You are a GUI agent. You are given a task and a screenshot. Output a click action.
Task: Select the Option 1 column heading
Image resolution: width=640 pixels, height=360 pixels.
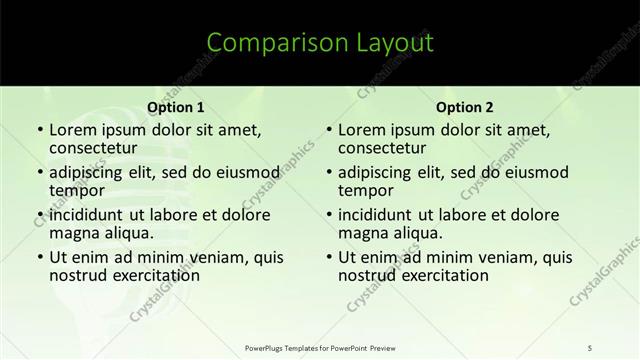(x=176, y=107)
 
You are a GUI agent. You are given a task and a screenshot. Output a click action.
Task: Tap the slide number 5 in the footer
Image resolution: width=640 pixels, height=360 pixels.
(x=591, y=347)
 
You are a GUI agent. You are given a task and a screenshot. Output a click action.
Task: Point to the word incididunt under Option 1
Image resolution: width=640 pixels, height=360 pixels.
(x=87, y=215)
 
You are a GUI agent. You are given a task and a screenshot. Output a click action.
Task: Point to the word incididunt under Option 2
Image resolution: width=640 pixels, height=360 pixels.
(x=376, y=215)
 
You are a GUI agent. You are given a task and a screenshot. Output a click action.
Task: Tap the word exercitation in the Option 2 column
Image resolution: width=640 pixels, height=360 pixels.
(x=437, y=275)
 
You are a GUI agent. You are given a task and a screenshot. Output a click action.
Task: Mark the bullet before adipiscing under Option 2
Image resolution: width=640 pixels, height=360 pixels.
(x=327, y=173)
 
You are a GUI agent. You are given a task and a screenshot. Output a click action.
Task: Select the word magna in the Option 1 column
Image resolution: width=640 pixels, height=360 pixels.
(x=73, y=233)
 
